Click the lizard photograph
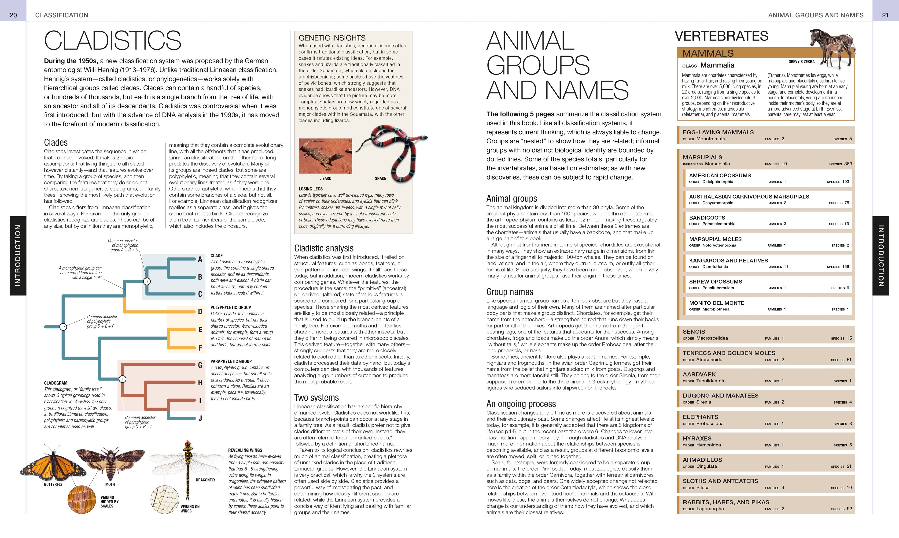pyautogui.click(x=325, y=156)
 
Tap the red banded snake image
pyautogui.click(x=391, y=152)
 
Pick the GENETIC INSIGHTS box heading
pyautogui.click(x=332, y=38)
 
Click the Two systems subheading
pyautogui.click(x=316, y=398)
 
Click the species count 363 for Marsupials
pyautogui.click(x=848, y=164)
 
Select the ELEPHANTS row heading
pyautogui.click(x=700, y=417)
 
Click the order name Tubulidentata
pyautogui.click(x=711, y=381)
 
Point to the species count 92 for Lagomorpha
pyautogui.click(x=849, y=509)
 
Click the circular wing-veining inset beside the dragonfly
pyautogui.click(x=165, y=499)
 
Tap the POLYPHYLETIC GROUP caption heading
pyautogui.click(x=230, y=307)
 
